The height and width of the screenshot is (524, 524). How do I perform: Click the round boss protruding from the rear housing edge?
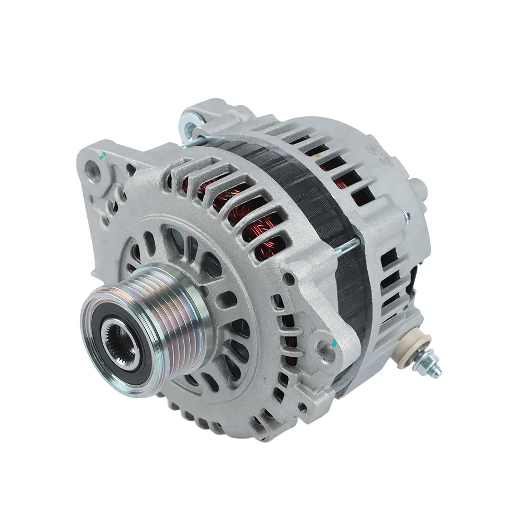(x=417, y=187)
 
